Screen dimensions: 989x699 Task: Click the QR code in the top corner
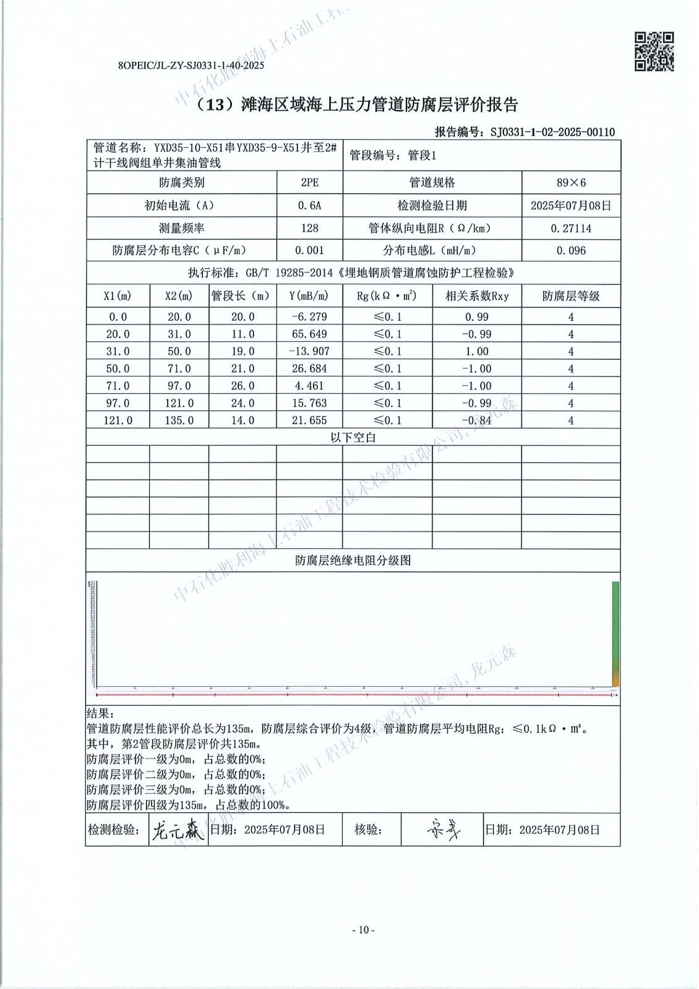(x=654, y=51)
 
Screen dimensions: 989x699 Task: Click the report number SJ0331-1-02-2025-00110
(x=552, y=132)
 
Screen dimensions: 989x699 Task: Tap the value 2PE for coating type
(x=309, y=182)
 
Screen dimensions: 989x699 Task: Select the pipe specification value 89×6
(x=571, y=182)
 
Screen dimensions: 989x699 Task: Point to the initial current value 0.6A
(x=309, y=205)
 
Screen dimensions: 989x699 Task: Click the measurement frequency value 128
(x=309, y=228)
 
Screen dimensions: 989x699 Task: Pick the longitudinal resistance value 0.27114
(x=571, y=228)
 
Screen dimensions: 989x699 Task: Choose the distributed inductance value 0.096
(x=571, y=250)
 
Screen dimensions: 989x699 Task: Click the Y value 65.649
(x=309, y=334)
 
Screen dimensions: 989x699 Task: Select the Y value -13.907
(x=309, y=351)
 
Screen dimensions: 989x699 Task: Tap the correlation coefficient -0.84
(x=476, y=420)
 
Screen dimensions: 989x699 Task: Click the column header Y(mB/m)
(x=309, y=296)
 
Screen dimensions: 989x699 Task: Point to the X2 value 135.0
(x=179, y=420)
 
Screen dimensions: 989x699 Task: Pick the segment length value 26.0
(x=242, y=386)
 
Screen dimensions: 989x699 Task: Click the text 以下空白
(x=353, y=438)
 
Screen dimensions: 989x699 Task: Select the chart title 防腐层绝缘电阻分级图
(x=353, y=561)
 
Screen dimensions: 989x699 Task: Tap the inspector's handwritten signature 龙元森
(x=178, y=830)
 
